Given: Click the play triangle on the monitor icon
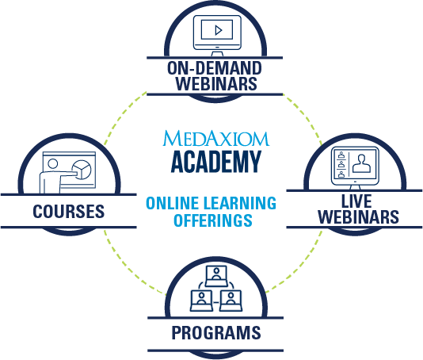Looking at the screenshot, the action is [x=219, y=30].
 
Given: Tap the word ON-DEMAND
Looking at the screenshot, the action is [x=215, y=68].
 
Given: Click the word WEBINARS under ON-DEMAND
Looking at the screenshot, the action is [x=216, y=83].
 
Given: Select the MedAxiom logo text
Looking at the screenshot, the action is [x=215, y=138].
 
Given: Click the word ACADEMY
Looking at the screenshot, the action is [x=216, y=162].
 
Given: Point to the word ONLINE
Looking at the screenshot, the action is [x=173, y=203].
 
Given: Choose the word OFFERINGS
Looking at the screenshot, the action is [x=213, y=220].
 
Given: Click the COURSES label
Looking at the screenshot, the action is [x=69, y=211].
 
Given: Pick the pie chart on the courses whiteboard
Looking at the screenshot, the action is [x=82, y=170].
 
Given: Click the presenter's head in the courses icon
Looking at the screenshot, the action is [x=52, y=163].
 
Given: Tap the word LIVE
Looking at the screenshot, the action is [x=356, y=201].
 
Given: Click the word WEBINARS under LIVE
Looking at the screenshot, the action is [x=358, y=216].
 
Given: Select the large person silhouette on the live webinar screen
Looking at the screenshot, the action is [x=361, y=163].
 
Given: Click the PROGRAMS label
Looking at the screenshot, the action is [x=216, y=332].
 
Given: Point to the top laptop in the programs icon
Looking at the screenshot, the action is [x=216, y=276].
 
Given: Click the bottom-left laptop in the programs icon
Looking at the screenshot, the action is [x=201, y=301].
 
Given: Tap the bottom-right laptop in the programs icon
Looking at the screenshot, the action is [x=231, y=301].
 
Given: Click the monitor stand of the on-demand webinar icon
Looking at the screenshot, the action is [x=217, y=53].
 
